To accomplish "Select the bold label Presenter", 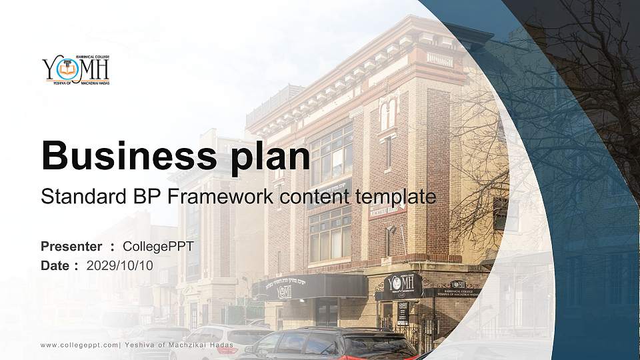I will coord(71,247).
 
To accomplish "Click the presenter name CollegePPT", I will coord(158,247).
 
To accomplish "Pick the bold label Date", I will coord(55,265).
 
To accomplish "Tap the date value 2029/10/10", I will coord(120,265).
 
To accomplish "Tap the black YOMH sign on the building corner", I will coord(402,285).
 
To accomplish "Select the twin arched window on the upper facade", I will coord(387,113).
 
